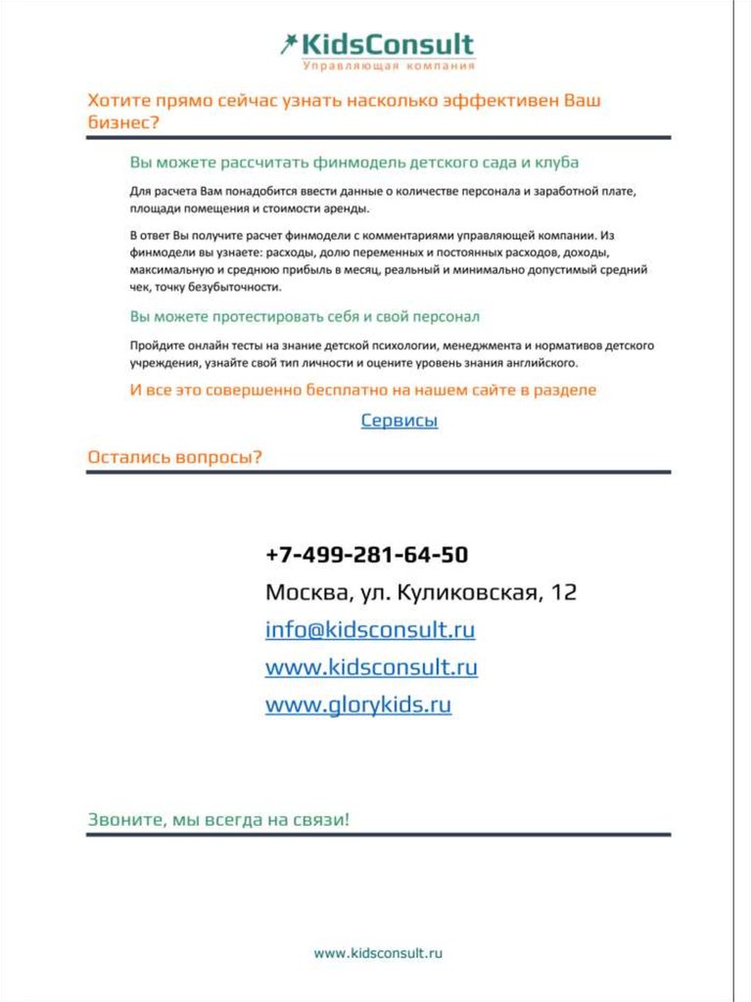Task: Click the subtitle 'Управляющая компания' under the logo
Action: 389,67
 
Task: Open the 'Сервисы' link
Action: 399,421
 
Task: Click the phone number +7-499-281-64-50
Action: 366,555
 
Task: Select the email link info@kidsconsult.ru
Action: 369,630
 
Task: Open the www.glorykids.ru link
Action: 357,705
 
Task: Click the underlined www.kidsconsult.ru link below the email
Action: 371,667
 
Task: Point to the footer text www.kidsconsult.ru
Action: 379,951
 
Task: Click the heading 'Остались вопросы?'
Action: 174,457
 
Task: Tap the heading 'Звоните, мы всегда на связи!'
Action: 218,820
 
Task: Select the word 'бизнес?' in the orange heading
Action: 123,123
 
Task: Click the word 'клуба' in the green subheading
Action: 558,161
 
